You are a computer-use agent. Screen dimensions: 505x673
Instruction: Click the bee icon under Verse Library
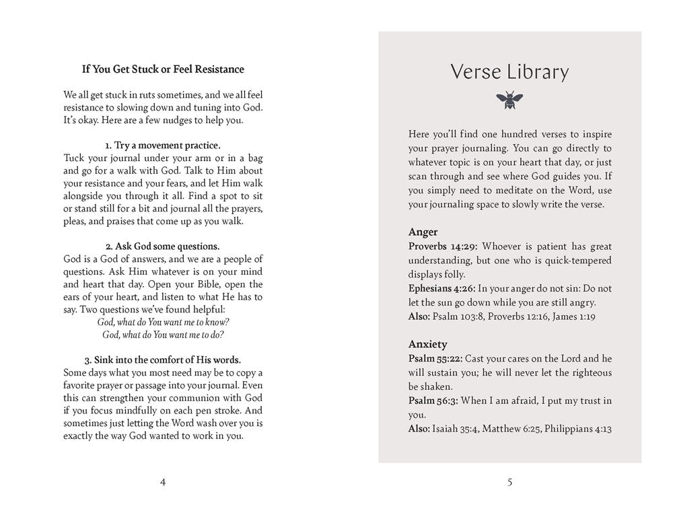(509, 101)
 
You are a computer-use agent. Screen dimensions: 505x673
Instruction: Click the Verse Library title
(509, 71)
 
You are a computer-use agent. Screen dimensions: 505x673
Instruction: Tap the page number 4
(163, 481)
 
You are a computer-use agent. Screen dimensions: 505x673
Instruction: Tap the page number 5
(509, 481)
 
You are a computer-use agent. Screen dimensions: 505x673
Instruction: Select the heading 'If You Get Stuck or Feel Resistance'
(163, 69)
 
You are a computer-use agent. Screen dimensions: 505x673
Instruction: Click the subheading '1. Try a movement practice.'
(163, 145)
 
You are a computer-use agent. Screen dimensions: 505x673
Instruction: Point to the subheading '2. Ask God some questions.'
(163, 246)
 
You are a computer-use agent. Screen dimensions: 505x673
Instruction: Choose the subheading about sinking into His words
(163, 360)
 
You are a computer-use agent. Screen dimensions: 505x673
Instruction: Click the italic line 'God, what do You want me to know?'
(163, 322)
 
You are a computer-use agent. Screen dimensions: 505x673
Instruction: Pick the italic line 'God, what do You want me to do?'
(163, 335)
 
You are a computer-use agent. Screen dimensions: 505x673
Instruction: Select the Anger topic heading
(423, 232)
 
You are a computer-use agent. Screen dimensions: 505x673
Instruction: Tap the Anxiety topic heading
(428, 344)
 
